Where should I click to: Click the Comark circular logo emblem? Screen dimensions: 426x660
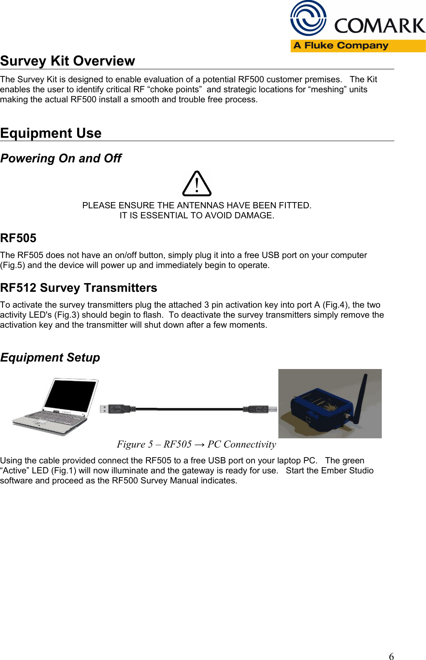[x=308, y=18]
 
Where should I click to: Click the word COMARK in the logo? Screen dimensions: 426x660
[x=379, y=26]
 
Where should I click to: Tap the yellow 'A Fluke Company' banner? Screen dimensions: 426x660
[x=358, y=46]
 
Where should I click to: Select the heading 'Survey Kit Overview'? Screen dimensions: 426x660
[x=68, y=61]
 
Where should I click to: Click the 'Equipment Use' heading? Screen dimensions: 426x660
[x=51, y=133]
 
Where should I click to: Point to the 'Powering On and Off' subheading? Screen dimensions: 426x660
[x=61, y=159]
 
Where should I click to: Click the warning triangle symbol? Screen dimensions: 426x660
[x=197, y=184]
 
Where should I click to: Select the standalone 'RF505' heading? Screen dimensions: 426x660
[x=18, y=238]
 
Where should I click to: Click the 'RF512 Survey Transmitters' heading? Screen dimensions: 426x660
[x=78, y=288]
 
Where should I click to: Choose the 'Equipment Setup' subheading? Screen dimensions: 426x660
[x=50, y=358]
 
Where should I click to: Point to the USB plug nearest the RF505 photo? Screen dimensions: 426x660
[x=261, y=409]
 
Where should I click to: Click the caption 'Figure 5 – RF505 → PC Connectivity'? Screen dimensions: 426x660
[x=197, y=444]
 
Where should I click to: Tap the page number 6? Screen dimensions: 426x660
[x=391, y=656]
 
